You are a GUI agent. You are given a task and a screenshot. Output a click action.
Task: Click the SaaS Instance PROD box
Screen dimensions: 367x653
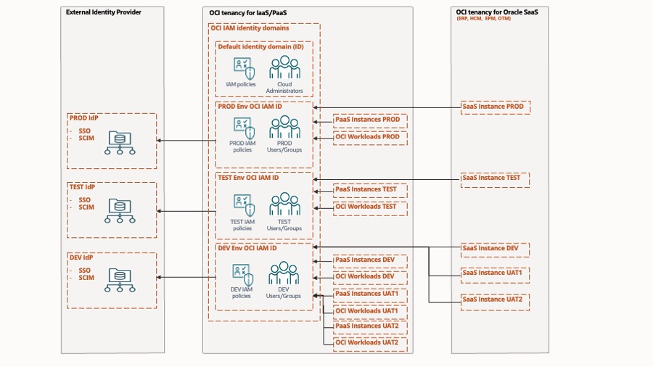tap(495, 107)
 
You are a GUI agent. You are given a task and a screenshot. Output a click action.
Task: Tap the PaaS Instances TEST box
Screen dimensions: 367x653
tap(370, 190)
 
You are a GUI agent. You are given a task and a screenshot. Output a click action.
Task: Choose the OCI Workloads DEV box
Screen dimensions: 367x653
tap(370, 276)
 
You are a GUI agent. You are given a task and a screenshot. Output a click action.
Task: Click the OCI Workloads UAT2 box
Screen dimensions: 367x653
tap(370, 342)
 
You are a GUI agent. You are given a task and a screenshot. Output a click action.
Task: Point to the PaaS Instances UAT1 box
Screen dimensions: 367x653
tap(370, 294)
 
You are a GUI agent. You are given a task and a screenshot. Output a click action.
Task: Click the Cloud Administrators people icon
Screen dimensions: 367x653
tap(284, 68)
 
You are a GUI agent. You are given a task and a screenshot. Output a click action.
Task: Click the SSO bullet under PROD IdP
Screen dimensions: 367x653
tap(85, 131)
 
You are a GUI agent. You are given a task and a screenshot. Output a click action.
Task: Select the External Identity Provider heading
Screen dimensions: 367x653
tap(104, 12)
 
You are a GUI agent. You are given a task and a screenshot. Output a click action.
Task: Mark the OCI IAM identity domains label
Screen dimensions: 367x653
tap(249, 28)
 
